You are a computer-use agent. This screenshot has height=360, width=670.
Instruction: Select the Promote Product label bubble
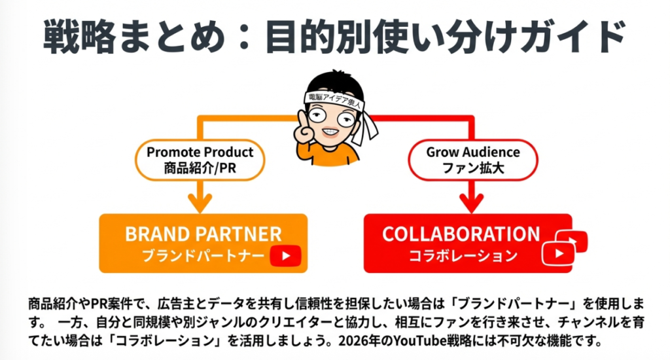coord(200,160)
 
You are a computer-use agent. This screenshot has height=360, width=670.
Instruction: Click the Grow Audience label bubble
coord(473,160)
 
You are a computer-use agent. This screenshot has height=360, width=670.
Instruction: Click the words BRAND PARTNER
coord(203,234)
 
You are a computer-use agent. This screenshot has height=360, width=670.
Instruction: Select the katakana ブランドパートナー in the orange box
coord(203,256)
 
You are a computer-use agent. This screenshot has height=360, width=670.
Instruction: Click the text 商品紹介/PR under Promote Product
coord(200,167)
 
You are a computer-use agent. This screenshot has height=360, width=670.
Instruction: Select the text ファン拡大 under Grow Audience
coord(473,167)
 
